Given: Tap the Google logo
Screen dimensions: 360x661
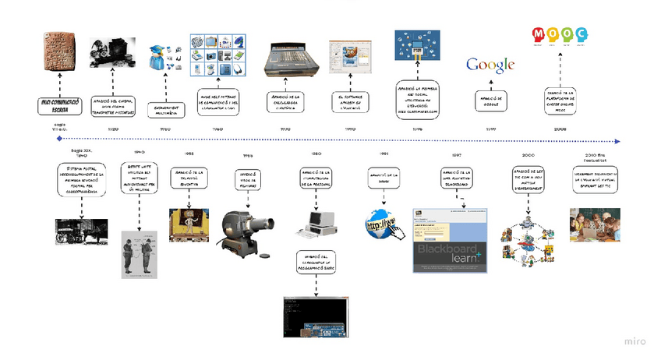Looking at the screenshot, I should (x=490, y=64).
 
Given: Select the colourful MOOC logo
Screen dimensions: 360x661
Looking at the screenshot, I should (x=560, y=36).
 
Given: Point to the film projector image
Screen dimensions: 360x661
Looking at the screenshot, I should (x=248, y=233).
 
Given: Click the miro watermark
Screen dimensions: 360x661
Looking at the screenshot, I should (x=634, y=341).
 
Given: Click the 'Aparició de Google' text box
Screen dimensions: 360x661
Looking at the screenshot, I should (x=490, y=101).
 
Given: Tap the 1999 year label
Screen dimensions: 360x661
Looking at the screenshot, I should (x=490, y=129).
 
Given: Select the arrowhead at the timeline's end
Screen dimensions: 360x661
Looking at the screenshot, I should (x=618, y=141).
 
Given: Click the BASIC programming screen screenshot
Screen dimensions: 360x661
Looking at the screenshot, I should (x=315, y=317).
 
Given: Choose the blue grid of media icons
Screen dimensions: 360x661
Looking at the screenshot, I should (x=218, y=54).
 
